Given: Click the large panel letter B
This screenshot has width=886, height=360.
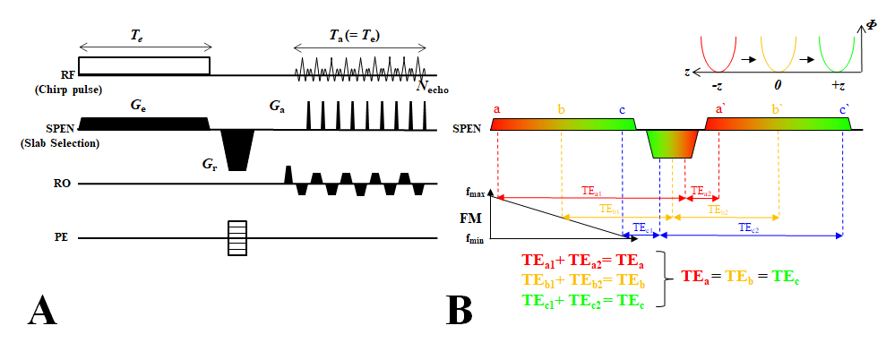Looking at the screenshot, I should [460, 310].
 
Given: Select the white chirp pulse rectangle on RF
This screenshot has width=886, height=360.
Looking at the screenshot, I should [144, 65].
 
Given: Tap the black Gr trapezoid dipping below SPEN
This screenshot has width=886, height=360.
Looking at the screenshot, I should [238, 148].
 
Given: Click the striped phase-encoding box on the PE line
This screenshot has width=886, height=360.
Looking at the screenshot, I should [237, 238].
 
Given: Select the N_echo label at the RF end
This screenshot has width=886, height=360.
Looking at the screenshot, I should [428, 85].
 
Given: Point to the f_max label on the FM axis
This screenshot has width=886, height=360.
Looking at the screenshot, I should [477, 191].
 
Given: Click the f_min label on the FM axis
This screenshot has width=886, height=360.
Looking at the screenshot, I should [477, 238].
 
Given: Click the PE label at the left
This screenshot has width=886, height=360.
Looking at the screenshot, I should [61, 238].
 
